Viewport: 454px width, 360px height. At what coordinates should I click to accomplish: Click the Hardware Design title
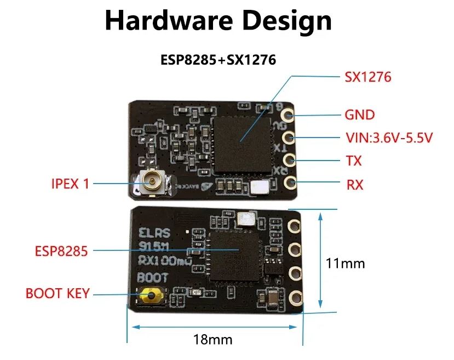coord(218,20)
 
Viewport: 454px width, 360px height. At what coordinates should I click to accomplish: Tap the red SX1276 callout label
coord(367,77)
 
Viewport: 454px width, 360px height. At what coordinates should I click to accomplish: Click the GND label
coord(359,115)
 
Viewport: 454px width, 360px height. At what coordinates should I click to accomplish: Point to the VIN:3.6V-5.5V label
coord(389,138)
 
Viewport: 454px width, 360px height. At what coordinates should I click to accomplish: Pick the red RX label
coord(354,185)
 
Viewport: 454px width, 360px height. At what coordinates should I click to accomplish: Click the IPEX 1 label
coord(69,184)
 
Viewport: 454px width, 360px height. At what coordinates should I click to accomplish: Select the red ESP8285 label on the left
coord(61,251)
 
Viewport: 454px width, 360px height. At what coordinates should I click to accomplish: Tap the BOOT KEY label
coord(57,293)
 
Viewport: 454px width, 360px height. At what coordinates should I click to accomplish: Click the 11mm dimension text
coord(345,263)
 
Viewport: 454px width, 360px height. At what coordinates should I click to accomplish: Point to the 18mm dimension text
coord(212,339)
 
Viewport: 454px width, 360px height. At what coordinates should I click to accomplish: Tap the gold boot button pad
coord(150,296)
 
